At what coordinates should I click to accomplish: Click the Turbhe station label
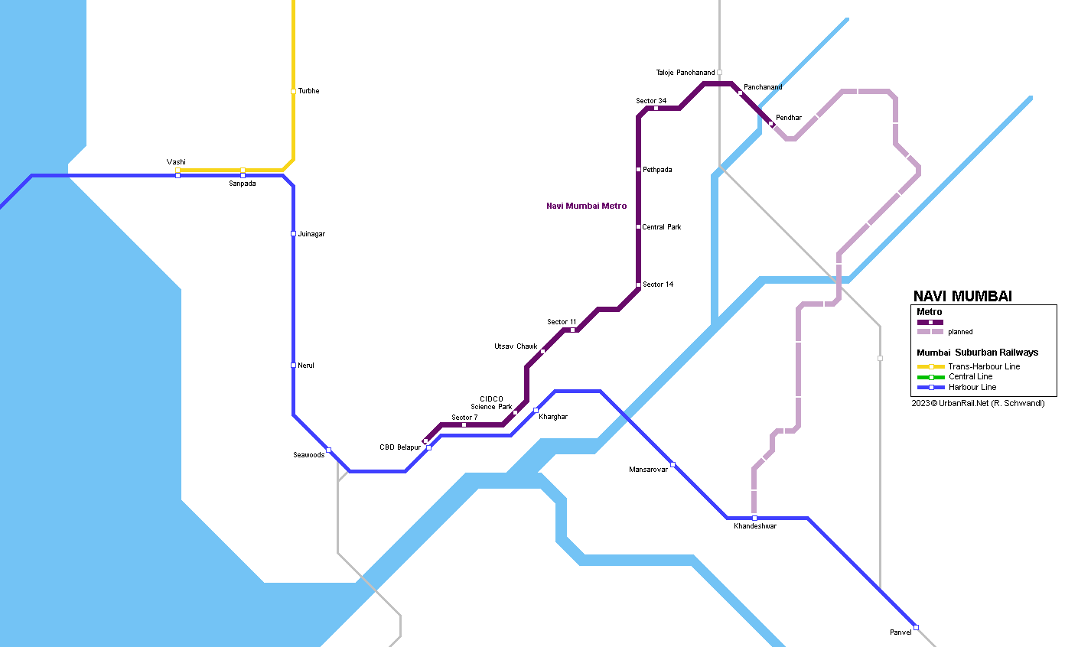308,91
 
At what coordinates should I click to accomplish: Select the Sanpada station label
243,184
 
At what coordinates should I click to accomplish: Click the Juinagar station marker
293,234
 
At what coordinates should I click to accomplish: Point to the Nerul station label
306,366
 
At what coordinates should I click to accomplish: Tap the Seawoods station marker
329,450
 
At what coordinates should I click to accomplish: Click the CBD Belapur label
400,447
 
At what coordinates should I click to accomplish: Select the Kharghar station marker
536,411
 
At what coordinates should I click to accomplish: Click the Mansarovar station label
648,470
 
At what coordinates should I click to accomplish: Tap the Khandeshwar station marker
754,518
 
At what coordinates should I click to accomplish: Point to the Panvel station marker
916,627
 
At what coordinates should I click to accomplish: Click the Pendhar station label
789,118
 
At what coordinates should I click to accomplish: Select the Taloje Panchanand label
686,73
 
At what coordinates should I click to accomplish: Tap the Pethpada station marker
638,170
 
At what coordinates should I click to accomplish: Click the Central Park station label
662,227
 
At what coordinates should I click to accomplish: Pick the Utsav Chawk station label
516,346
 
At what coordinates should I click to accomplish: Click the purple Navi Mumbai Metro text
586,206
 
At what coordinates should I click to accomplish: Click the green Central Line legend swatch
931,377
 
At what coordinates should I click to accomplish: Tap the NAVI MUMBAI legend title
962,297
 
